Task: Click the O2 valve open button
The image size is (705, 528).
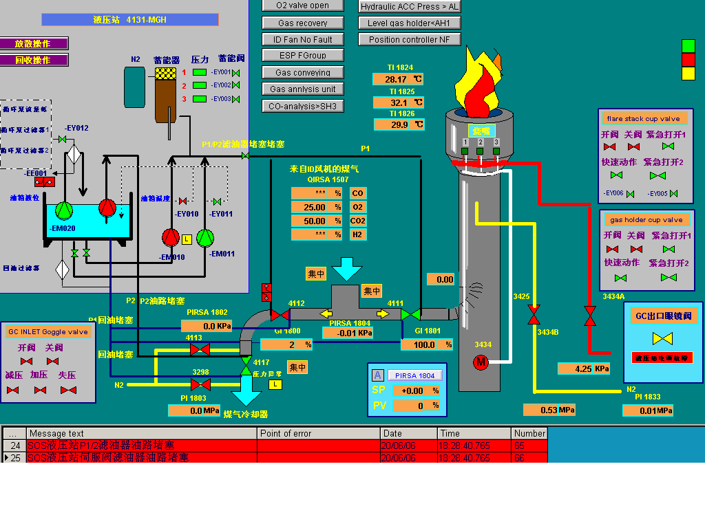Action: [302, 5]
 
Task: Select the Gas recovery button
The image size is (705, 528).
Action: [302, 23]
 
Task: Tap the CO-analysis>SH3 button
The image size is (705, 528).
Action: [302, 106]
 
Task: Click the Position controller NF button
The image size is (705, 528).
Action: [409, 39]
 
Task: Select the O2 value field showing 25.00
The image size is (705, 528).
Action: [316, 207]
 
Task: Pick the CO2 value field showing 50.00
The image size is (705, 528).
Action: [316, 221]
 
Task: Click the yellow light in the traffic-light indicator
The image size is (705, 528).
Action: [688, 73]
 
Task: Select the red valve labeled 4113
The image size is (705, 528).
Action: [200, 349]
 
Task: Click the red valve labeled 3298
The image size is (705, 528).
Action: [200, 384]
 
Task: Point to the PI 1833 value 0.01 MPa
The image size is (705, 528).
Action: [648, 410]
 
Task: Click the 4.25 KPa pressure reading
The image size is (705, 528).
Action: [584, 368]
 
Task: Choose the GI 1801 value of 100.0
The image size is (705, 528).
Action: [428, 344]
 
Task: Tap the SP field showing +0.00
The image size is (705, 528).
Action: [414, 390]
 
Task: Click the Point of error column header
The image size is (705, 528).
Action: [318, 433]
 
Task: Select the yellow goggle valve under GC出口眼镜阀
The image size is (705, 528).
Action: [663, 338]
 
